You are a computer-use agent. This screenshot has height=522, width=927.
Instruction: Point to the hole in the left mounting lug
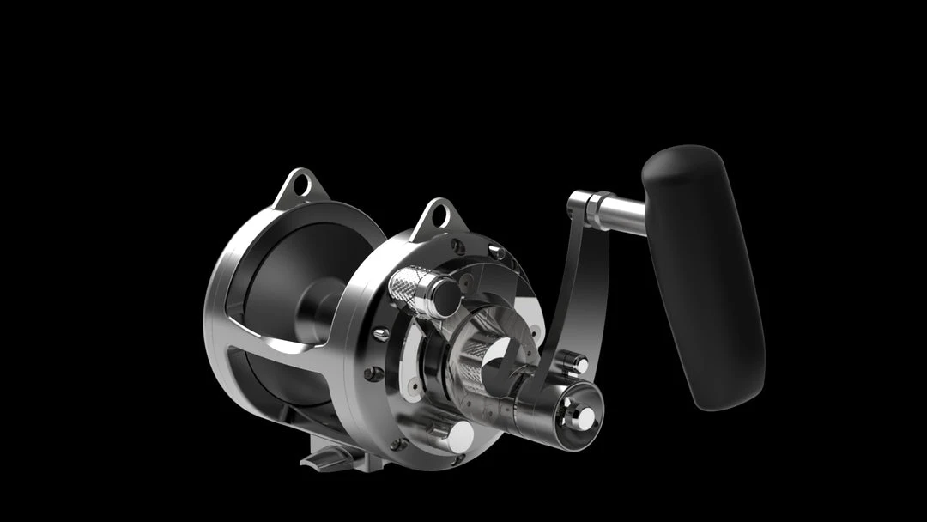tap(300, 184)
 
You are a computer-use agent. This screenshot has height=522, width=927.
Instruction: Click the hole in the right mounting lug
tap(438, 214)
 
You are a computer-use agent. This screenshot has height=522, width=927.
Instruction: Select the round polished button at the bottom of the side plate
tap(459, 435)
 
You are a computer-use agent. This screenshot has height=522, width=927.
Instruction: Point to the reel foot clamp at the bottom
tap(330, 455)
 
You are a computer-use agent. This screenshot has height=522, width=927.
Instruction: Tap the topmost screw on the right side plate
tap(495, 252)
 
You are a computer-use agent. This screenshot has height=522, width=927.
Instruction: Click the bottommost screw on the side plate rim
tap(397, 444)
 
